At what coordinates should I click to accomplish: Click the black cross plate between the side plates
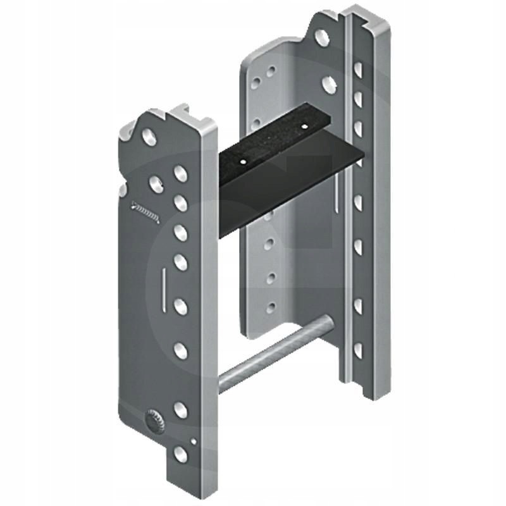click(285, 171)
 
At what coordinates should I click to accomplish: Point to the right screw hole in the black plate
click(303, 127)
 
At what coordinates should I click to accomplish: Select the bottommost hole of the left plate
click(181, 452)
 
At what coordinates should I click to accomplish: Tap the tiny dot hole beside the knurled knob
click(194, 441)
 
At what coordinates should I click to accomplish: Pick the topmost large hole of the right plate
click(322, 37)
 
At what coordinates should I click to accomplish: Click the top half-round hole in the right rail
click(358, 68)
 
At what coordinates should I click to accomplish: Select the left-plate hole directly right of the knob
click(181, 410)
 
